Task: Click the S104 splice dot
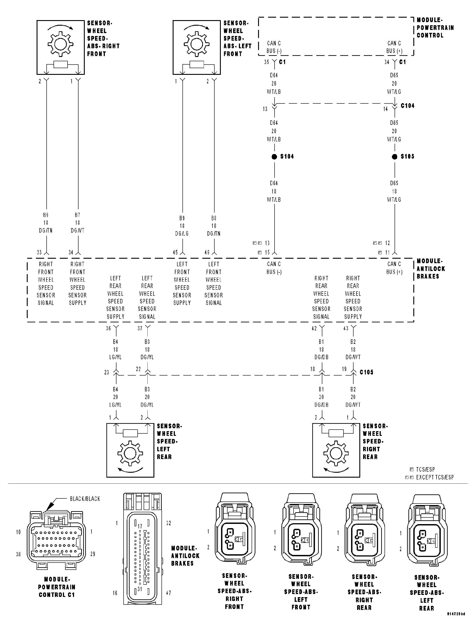coord(274,157)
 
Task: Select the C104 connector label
coord(408,106)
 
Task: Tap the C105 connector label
coord(366,372)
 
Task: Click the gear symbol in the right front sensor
coord(60,44)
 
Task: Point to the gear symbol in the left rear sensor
coord(130,454)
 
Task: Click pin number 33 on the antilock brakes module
coord(39,252)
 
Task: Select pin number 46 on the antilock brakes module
coord(207,252)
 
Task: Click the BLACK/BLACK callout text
coord(85,499)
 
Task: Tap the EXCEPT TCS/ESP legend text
coord(435,477)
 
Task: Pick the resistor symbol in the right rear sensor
coord(336,433)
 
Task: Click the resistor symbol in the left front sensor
coord(197,65)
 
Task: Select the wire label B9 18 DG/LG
coord(182,226)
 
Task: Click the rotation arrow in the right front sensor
coord(60,27)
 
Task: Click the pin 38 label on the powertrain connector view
coord(19,554)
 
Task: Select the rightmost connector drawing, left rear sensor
coord(427,534)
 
